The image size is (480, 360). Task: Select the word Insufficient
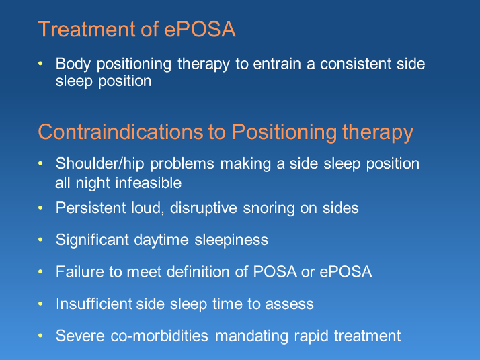[94, 304]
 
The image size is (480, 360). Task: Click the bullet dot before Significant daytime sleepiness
[42, 240]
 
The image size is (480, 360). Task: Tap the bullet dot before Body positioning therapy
[42, 64]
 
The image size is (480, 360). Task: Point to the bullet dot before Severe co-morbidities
[42, 335]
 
